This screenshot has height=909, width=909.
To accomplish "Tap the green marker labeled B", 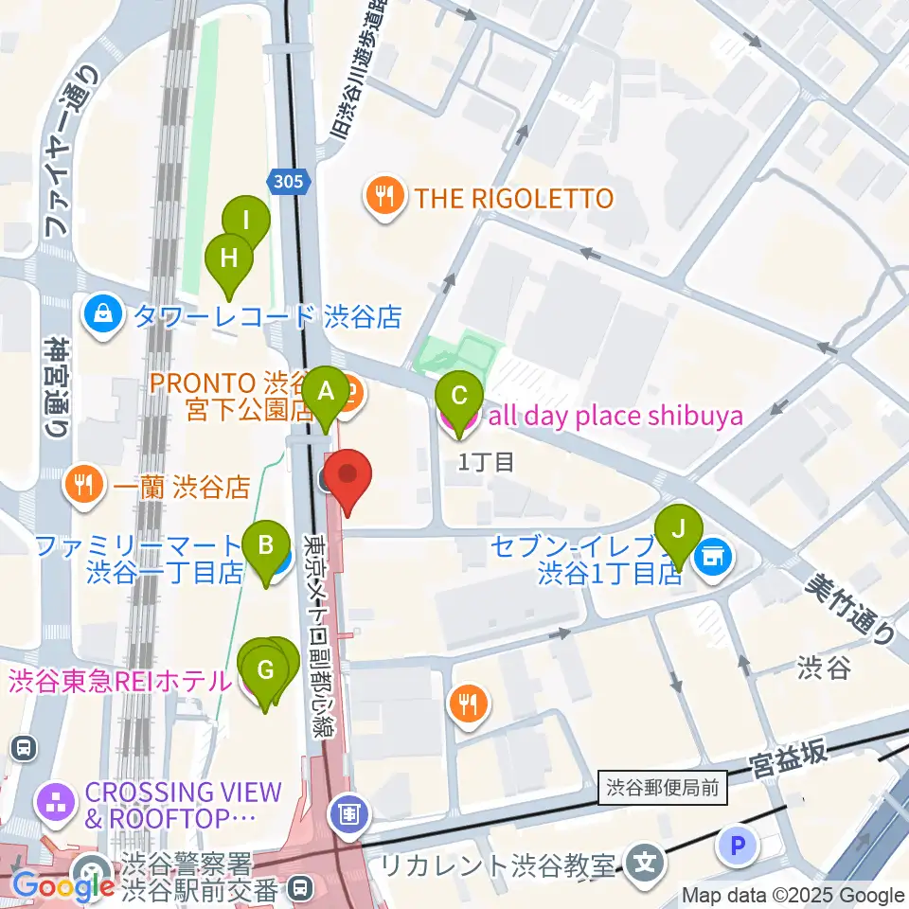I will click(x=266, y=546).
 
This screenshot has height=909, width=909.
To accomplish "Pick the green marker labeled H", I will click(x=229, y=258).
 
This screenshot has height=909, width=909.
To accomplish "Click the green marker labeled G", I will click(x=265, y=671).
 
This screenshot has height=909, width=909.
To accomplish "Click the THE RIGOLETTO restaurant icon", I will click(x=383, y=197).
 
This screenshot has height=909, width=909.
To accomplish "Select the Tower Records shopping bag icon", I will click(x=103, y=315).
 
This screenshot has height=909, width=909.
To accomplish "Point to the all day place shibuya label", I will click(x=614, y=416).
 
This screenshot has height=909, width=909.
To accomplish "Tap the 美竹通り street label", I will click(x=850, y=611).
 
